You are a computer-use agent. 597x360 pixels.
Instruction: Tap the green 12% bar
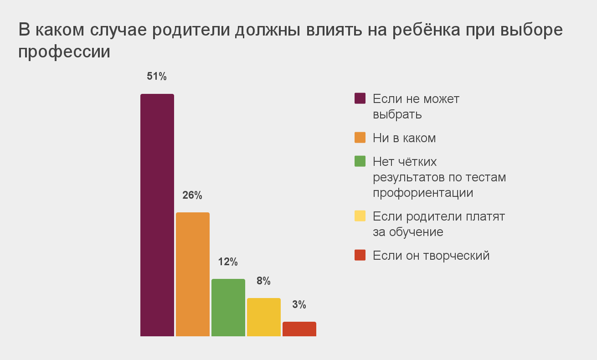(228, 308)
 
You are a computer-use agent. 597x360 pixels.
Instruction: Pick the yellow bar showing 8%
(264, 317)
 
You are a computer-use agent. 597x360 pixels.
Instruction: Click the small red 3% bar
(299, 329)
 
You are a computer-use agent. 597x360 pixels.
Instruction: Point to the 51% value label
(157, 77)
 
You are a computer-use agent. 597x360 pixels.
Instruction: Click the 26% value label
(192, 195)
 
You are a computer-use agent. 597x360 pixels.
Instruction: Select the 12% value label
(228, 262)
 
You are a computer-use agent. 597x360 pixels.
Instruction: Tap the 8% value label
(263, 281)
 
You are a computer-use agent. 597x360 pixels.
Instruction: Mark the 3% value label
(299, 305)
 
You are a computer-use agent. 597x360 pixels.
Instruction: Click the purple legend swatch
(360, 98)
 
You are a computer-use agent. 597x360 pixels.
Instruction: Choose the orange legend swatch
(360, 138)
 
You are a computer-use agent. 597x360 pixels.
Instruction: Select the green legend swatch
(360, 161)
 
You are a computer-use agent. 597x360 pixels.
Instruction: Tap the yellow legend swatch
(360, 216)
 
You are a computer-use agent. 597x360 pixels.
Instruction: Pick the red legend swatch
(360, 255)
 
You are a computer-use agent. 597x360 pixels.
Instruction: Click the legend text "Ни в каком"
(404, 138)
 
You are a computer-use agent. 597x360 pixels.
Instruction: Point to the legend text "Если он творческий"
(431, 256)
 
